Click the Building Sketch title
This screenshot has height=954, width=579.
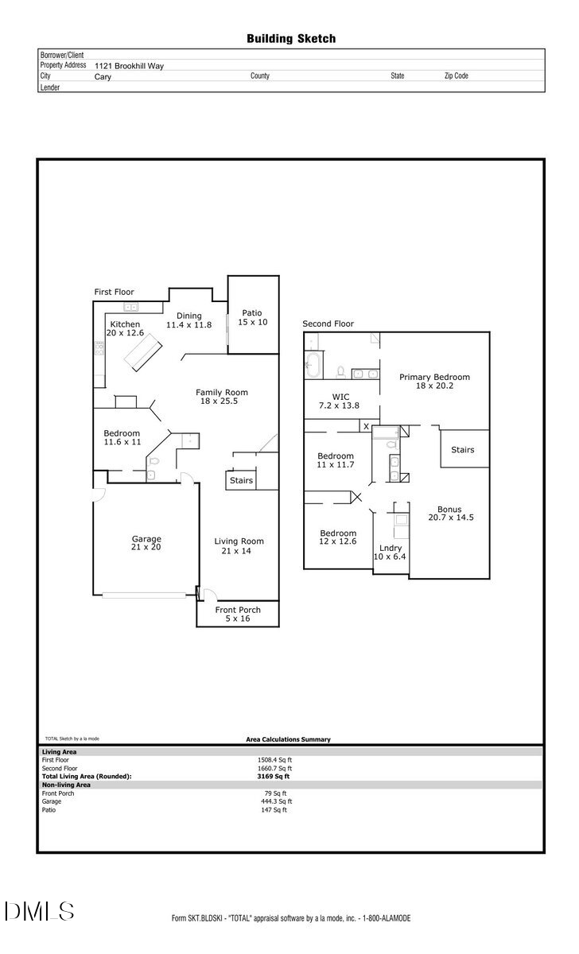290,38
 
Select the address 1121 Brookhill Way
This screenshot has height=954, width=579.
129,66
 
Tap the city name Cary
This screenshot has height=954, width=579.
103,77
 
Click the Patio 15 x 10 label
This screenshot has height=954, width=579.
252,317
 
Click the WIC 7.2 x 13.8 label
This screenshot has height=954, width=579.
340,400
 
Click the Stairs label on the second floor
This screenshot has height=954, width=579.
462,450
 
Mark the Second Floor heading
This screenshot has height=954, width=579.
328,324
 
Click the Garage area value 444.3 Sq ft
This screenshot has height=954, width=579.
276,801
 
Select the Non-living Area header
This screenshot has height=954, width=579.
66,785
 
